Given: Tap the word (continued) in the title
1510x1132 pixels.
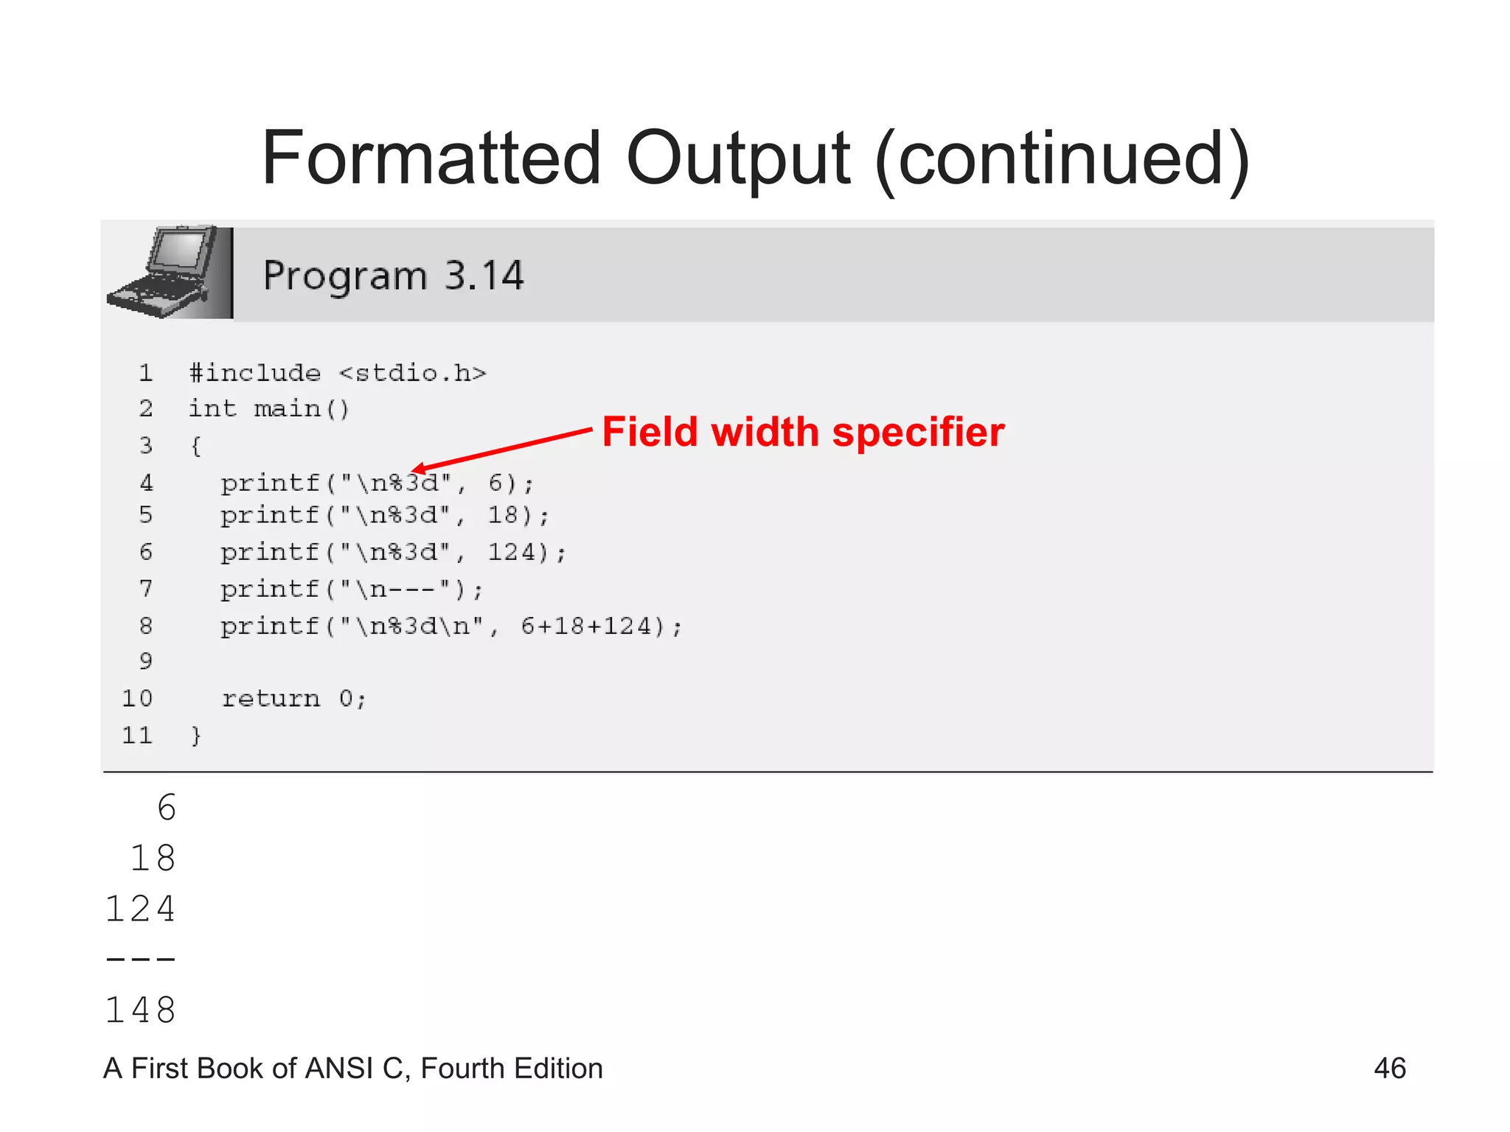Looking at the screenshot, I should (x=1062, y=159).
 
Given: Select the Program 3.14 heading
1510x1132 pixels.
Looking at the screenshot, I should (x=393, y=276).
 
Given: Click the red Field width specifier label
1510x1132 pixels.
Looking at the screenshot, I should (x=803, y=432).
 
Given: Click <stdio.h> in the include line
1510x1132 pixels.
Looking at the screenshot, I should (x=413, y=373).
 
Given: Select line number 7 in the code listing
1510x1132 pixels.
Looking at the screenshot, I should (x=146, y=589).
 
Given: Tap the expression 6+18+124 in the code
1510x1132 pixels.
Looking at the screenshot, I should (x=587, y=626).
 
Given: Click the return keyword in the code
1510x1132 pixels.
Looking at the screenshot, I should (x=271, y=699).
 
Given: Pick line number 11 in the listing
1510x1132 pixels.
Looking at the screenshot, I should (x=137, y=736).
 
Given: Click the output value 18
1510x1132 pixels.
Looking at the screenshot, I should (x=153, y=859).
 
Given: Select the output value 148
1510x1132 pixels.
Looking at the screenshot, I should (x=141, y=1010).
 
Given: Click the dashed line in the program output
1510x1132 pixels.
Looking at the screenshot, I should (x=141, y=960).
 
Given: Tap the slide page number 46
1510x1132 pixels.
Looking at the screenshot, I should (x=1390, y=1069).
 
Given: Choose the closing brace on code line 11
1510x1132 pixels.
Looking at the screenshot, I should (x=195, y=736).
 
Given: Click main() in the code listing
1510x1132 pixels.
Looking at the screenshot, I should (x=302, y=409).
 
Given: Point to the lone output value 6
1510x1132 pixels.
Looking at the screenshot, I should (x=167, y=808).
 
